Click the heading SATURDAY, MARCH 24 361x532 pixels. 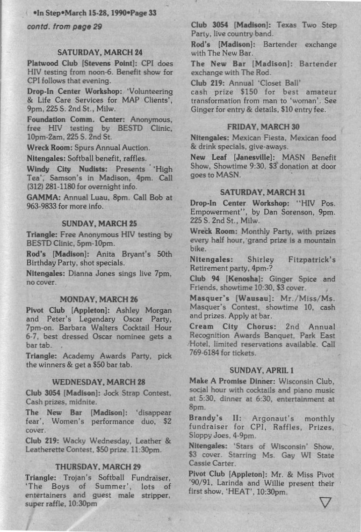(100, 52)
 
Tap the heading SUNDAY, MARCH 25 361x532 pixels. (99, 223)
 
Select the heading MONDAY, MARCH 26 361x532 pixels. (99, 299)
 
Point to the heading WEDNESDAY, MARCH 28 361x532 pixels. (99, 381)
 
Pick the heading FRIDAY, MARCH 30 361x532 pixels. (263, 126)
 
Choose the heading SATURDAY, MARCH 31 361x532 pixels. (263, 192)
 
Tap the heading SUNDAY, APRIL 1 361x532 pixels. (263, 370)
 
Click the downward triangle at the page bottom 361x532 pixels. (326, 502)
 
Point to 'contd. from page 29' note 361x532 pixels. (65, 27)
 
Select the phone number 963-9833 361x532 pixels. (42, 206)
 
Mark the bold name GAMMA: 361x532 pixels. (42, 197)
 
